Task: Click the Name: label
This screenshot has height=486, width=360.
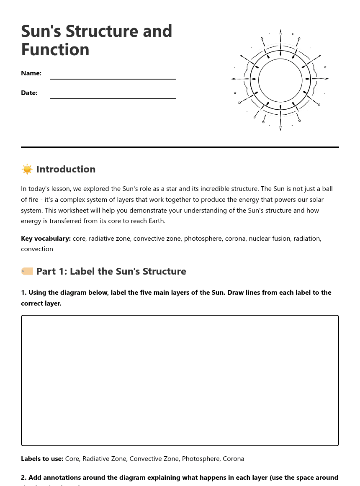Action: pyautogui.click(x=31, y=73)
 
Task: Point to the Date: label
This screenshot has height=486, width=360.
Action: pyautogui.click(x=29, y=93)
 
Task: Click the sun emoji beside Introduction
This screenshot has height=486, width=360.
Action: pyautogui.click(x=27, y=169)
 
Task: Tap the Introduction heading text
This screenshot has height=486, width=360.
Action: pyautogui.click(x=66, y=169)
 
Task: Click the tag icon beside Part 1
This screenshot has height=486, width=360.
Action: pyautogui.click(x=27, y=271)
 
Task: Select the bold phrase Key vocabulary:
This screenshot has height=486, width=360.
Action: pyautogui.click(x=46, y=239)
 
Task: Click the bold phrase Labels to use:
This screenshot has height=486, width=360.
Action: pyautogui.click(x=42, y=459)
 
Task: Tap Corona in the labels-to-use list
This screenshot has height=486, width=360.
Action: pyautogui.click(x=233, y=459)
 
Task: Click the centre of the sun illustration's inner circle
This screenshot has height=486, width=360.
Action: pyautogui.click(x=280, y=80)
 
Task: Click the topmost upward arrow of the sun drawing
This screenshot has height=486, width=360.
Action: pyautogui.click(x=280, y=33)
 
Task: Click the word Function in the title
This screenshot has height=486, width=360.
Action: pyautogui.click(x=55, y=50)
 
